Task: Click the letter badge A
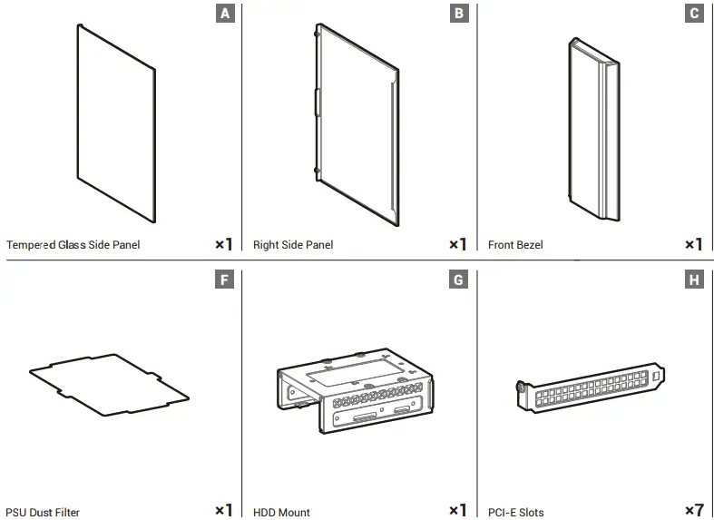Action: click(225, 14)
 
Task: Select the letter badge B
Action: click(459, 14)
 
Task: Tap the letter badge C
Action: click(694, 14)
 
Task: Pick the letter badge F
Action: click(225, 280)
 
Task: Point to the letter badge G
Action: click(459, 280)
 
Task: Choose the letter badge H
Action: click(694, 280)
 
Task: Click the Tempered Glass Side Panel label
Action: click(73, 245)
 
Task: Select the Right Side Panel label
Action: click(293, 245)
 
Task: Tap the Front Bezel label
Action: click(515, 245)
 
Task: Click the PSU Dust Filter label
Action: click(43, 512)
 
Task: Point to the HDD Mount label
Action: click(281, 512)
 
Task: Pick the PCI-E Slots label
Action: click(516, 512)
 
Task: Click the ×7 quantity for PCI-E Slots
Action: click(693, 511)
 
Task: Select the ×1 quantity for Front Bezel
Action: click(693, 244)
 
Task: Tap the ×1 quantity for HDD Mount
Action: click(458, 511)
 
